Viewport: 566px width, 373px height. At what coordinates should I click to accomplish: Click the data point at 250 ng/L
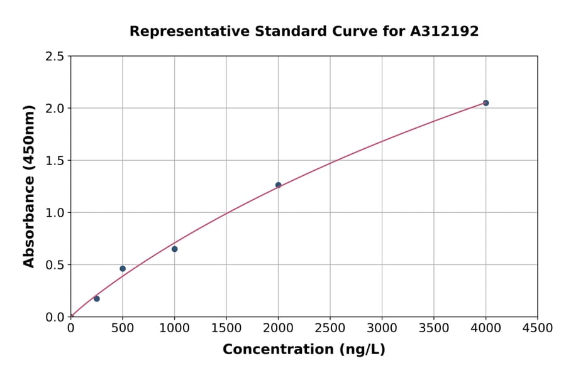(x=96, y=299)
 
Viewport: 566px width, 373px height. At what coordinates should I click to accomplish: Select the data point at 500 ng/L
(x=123, y=269)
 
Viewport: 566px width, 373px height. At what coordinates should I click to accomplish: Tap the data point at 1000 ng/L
(x=174, y=249)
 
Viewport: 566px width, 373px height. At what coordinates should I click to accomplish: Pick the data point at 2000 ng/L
(x=278, y=185)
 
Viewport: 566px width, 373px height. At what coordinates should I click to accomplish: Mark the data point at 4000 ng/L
(x=486, y=103)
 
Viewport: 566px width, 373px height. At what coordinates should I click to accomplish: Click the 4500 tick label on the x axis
(x=538, y=328)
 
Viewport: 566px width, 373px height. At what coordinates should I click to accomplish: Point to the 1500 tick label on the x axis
(x=226, y=328)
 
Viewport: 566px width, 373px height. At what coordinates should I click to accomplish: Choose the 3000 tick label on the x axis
(x=382, y=328)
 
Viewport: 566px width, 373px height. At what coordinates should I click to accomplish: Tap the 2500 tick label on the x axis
(x=330, y=328)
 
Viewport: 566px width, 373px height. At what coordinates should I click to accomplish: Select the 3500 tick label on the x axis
(x=434, y=328)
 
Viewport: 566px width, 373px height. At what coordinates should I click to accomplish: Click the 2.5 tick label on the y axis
(x=55, y=57)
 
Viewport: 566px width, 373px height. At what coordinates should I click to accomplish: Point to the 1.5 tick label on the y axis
(x=55, y=161)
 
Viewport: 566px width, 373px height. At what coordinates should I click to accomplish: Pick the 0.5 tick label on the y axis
(x=55, y=265)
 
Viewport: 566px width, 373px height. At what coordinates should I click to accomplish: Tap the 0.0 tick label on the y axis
(x=55, y=317)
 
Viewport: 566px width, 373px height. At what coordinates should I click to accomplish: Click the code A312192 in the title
(x=445, y=31)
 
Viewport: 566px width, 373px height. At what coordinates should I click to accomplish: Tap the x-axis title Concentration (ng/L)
(x=304, y=350)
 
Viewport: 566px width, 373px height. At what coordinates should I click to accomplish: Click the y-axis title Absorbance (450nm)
(x=29, y=186)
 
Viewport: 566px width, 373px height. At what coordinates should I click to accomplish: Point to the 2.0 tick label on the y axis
(x=55, y=109)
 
